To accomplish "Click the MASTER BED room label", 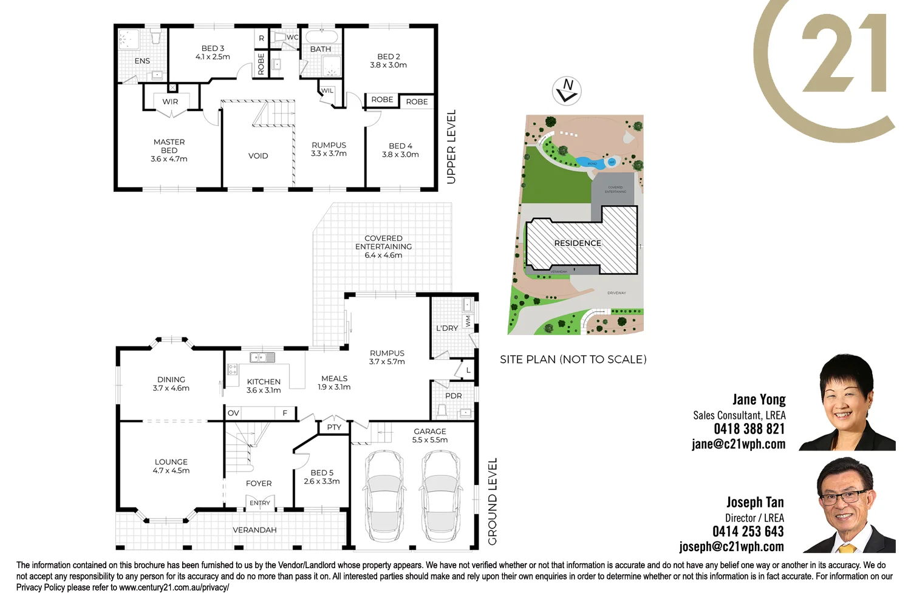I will coord(169,146).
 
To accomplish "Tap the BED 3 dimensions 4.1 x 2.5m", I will coord(213,57).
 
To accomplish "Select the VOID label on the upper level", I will coord(258,156).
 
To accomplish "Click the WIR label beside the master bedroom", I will coord(170,102).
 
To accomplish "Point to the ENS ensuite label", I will coord(142,61).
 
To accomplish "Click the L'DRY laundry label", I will coord(447,328).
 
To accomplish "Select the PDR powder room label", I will coord(454,396).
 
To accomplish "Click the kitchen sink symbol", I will coord(262,358).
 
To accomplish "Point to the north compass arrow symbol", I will coord(567,91).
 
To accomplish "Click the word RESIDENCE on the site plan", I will coord(578,243).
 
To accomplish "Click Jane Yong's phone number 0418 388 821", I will coord(749,429).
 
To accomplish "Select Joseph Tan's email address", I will coord(731,547).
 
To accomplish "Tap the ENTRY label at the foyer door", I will coord(260,503).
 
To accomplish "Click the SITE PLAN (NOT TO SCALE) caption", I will coord(573,359).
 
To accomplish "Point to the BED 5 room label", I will coord(322,473).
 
